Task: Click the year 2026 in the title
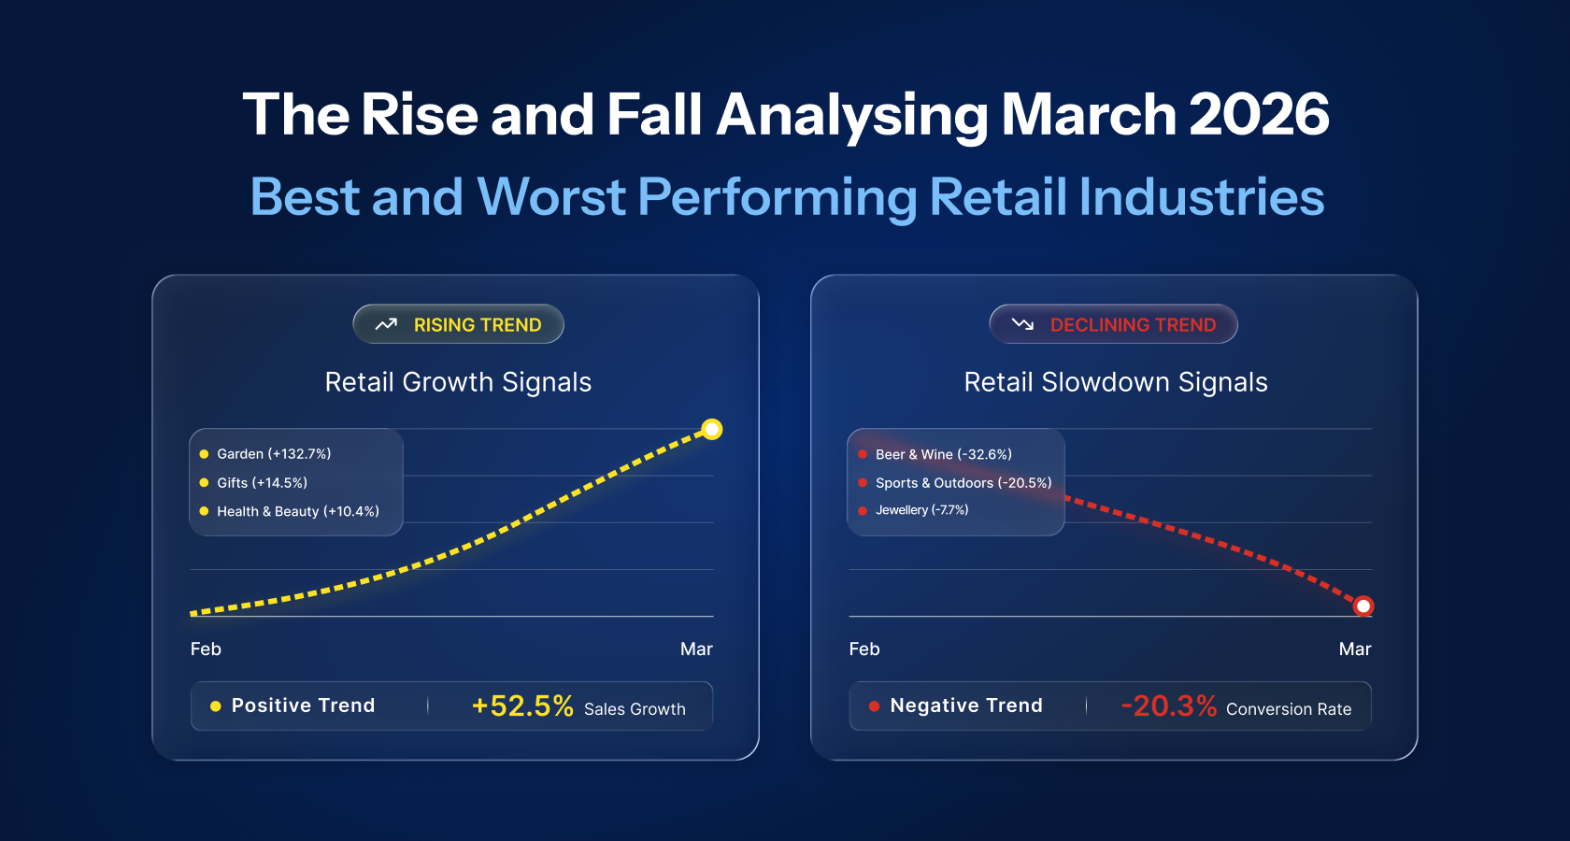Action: tap(1258, 115)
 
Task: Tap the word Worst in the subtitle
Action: tap(550, 197)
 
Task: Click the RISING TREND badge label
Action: tap(477, 325)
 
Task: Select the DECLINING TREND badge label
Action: tap(1133, 325)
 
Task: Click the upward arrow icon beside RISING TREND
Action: tap(386, 324)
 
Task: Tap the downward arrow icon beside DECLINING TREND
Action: tap(1022, 324)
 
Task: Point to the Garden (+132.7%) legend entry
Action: tap(274, 454)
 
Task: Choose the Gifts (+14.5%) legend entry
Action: tap(262, 483)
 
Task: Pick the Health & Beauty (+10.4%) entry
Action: tap(297, 511)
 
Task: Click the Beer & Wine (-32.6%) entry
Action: tap(943, 454)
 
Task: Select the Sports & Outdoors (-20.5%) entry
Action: tap(963, 483)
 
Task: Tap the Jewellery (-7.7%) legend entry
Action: tap(921, 510)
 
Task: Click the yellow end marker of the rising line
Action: tap(712, 430)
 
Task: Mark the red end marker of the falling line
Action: tap(1363, 606)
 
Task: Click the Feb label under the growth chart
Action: tap(206, 649)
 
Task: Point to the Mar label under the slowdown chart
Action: tap(1354, 649)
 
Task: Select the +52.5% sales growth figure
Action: tap(522, 706)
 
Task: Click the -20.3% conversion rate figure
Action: tap(1168, 706)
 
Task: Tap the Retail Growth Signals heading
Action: tap(458, 382)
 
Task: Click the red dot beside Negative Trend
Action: tap(874, 706)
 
